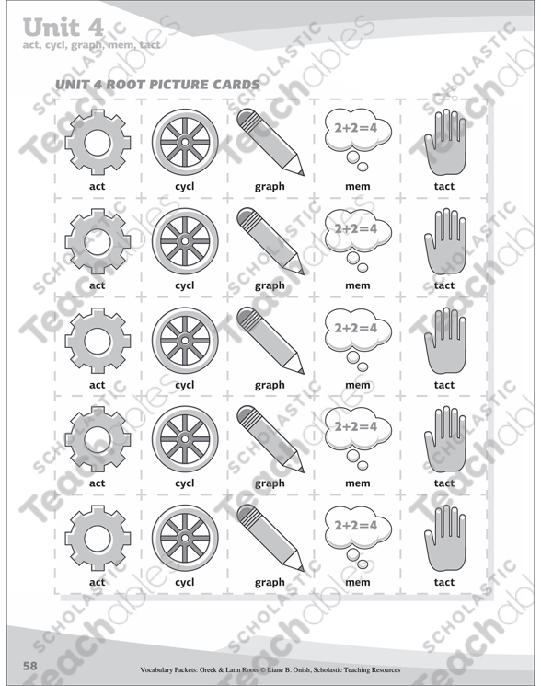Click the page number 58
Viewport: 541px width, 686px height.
[30, 666]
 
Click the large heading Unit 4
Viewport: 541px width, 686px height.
[63, 28]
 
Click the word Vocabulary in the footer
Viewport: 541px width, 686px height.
[156, 669]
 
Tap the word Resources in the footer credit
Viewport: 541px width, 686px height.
[386, 669]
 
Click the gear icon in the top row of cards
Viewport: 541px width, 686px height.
[98, 142]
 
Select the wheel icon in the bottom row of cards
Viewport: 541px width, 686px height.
[185, 538]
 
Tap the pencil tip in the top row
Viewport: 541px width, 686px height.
[302, 173]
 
